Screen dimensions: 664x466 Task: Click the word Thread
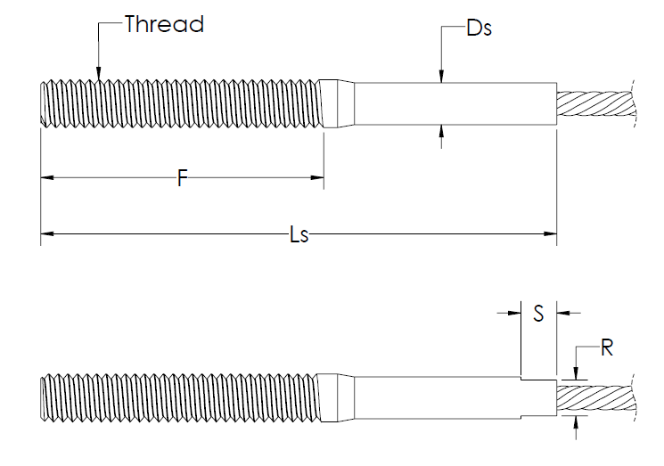coord(164,24)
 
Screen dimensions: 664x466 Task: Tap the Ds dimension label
coord(479,29)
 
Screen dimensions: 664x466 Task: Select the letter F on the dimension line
coord(183,178)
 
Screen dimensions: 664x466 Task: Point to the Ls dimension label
coord(299,234)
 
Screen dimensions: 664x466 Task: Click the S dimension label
coord(538,314)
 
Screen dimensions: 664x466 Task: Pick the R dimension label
coord(607,347)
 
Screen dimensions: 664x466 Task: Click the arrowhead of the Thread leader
coord(98,73)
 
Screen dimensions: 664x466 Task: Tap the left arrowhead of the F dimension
coord(47,178)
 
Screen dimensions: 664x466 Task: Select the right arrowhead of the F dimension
coord(317,178)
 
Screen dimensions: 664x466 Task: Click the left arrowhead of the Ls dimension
coord(47,233)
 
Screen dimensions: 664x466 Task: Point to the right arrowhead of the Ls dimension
coord(550,233)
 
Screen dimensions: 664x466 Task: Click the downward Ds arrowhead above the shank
coord(441,77)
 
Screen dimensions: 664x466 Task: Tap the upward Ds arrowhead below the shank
coord(441,131)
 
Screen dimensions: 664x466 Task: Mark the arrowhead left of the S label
coord(514,314)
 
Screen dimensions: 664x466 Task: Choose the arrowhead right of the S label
coord(563,314)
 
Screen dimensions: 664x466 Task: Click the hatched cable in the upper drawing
coord(596,103)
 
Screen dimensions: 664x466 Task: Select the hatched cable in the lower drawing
coord(596,398)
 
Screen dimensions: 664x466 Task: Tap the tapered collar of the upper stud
coord(337,103)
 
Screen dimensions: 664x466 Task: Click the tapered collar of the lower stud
coord(337,398)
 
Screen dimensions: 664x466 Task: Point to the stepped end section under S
coord(538,398)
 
